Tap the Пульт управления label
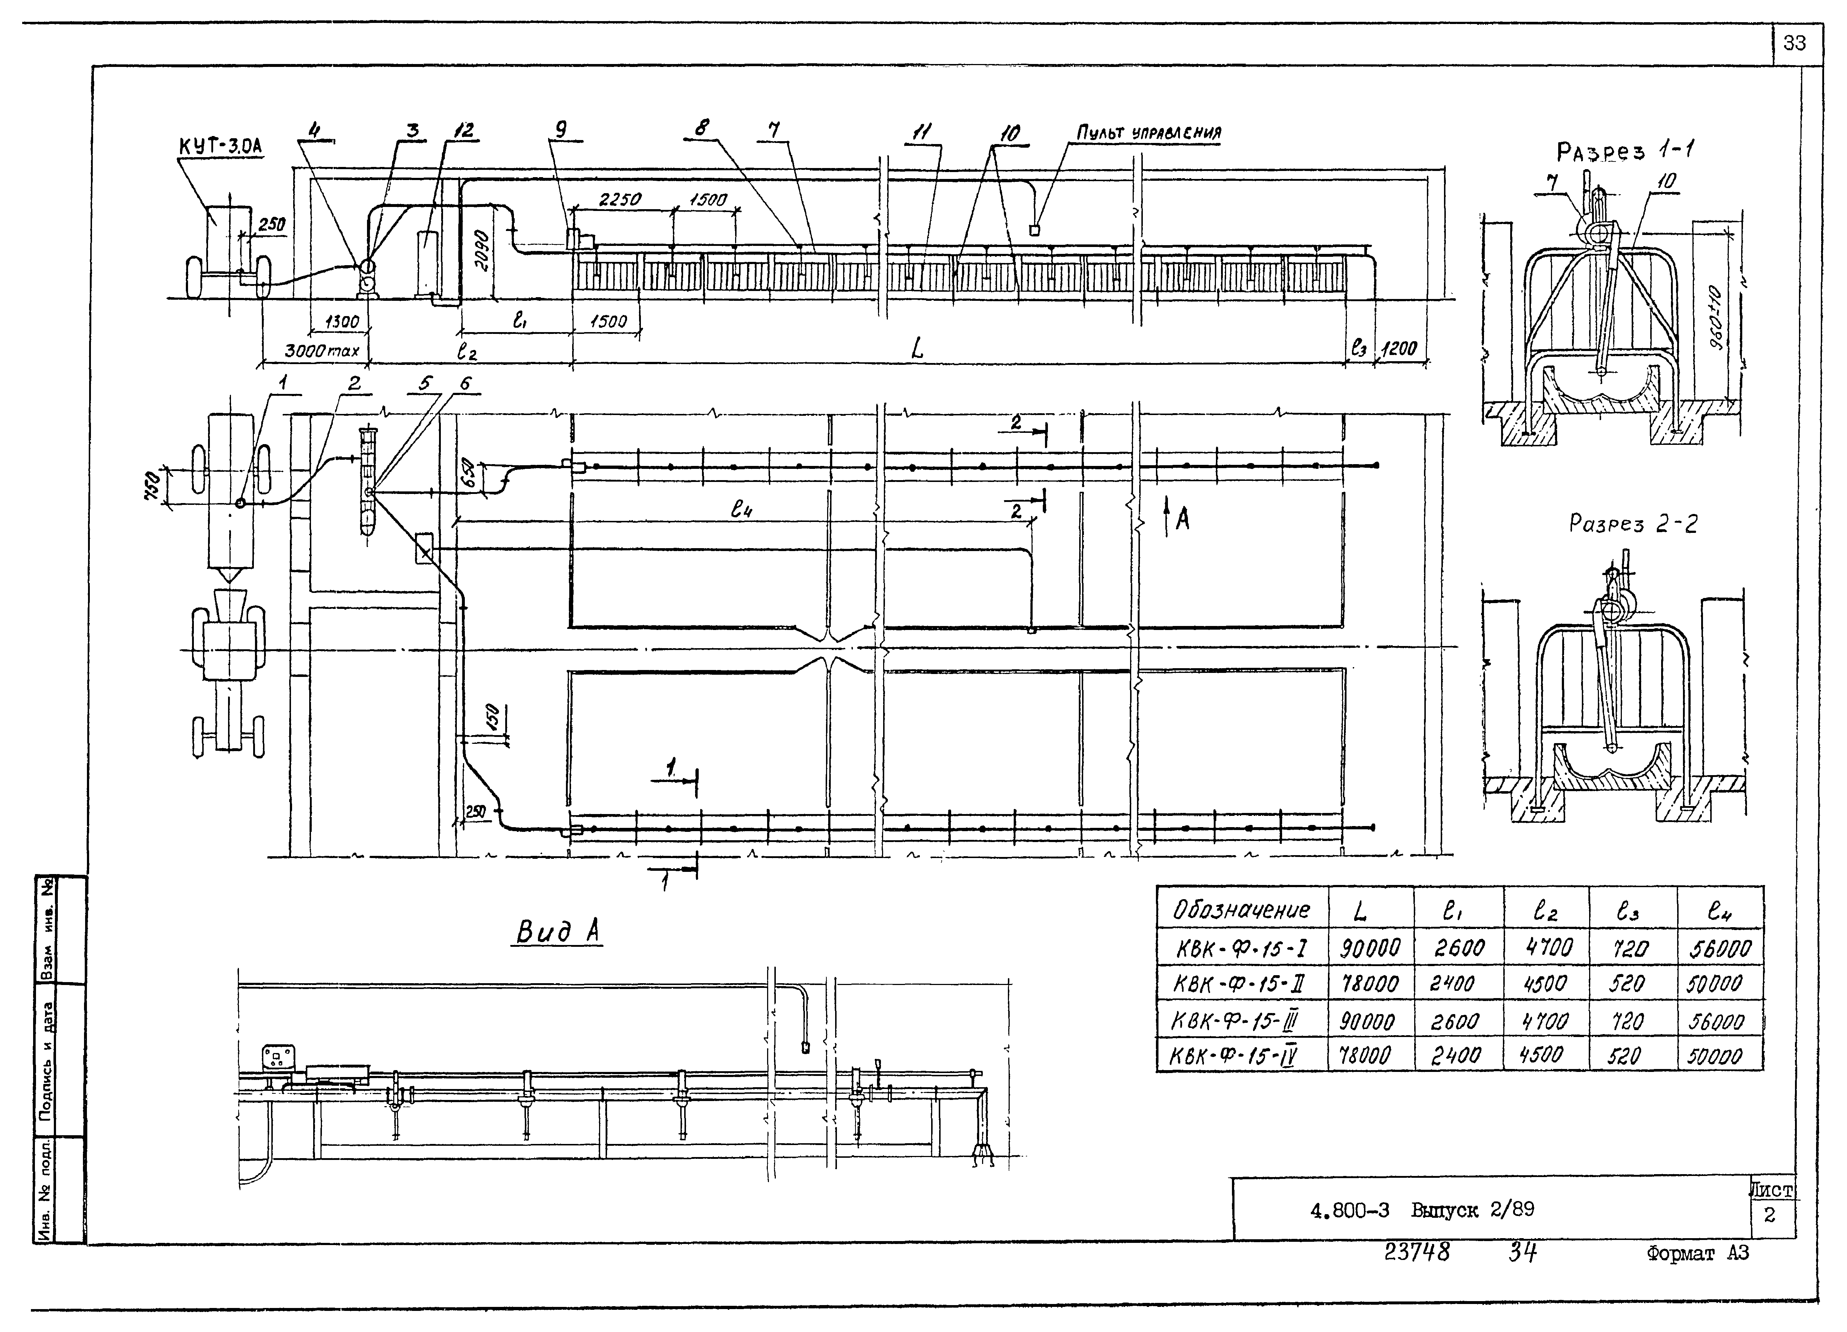1148,133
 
